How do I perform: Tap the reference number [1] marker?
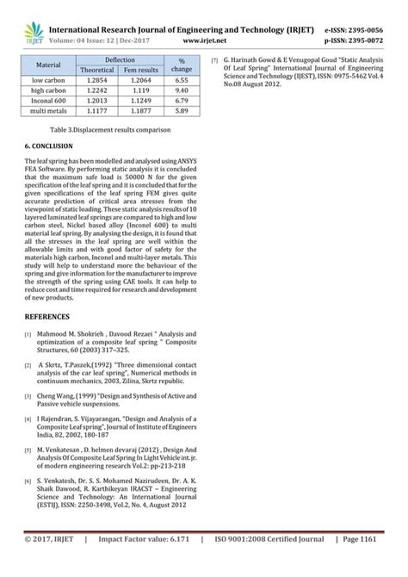[28, 333]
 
